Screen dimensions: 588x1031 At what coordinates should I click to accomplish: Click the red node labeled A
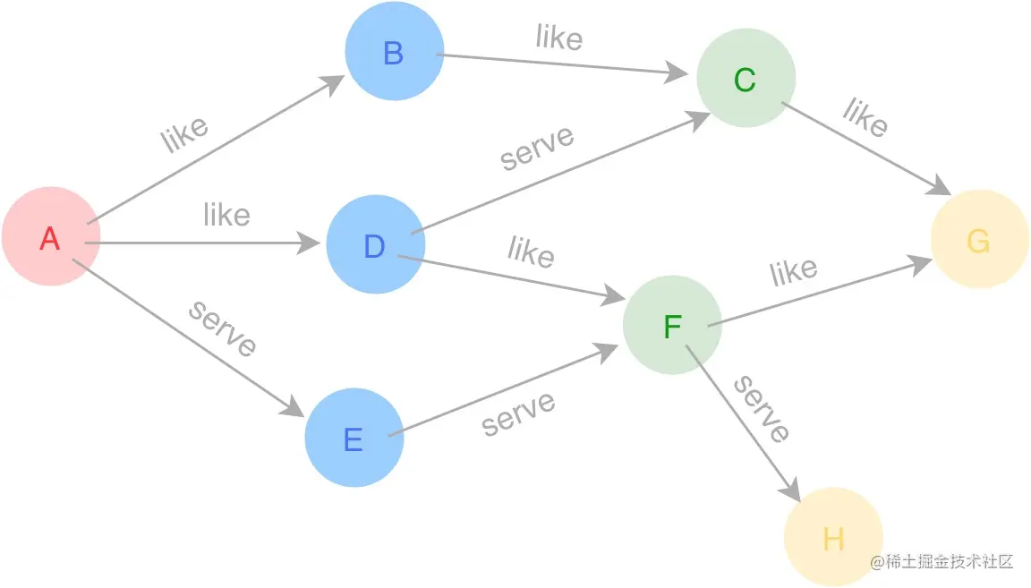[50, 237]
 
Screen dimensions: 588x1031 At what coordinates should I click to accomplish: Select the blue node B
[394, 53]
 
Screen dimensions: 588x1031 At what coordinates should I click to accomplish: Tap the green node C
[746, 80]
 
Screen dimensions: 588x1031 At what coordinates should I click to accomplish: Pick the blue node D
[375, 245]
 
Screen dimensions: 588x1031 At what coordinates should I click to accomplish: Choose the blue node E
[354, 439]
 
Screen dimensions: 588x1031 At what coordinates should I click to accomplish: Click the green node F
[672, 326]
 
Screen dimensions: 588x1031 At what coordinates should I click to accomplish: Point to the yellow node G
[979, 240]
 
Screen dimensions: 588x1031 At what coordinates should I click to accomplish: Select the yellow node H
[833, 538]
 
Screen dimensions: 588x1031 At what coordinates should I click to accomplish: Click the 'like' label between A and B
[185, 134]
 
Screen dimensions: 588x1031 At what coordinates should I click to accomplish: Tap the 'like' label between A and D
[226, 215]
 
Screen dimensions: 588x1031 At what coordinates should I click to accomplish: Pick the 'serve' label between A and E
[223, 328]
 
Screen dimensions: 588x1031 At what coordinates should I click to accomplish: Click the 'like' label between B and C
[559, 38]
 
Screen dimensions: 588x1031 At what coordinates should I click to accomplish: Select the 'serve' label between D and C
[537, 147]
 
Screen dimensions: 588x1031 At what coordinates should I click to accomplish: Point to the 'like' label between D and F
[531, 251]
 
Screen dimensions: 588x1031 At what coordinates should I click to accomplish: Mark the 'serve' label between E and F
[518, 413]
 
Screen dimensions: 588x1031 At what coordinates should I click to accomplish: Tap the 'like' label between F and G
[794, 271]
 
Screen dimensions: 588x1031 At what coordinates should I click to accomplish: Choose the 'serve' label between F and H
[762, 409]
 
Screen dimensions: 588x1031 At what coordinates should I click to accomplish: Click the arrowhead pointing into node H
[790, 491]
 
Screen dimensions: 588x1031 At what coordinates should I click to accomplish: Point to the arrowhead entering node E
[294, 407]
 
